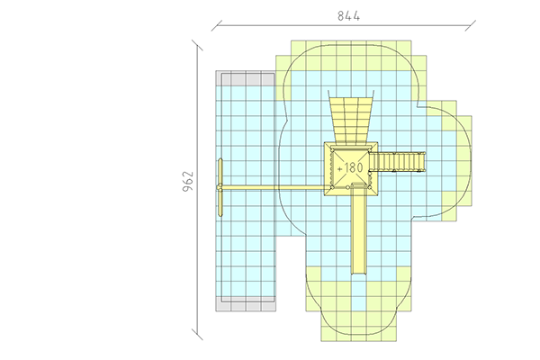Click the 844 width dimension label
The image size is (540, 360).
click(348, 16)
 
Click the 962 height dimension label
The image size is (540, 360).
click(188, 181)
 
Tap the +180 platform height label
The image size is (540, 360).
click(350, 167)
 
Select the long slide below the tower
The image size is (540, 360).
click(358, 229)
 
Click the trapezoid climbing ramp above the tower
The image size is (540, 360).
click(351, 119)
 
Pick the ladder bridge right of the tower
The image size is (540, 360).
click(398, 162)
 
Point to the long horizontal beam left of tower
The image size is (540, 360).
click(274, 187)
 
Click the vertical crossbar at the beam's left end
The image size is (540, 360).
click(220, 187)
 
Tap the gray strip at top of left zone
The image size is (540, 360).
click(246, 78)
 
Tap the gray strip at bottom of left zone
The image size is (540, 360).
click(246, 304)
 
